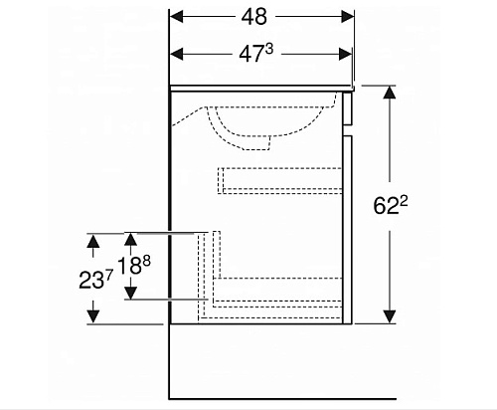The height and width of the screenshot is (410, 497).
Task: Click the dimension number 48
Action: [253, 17]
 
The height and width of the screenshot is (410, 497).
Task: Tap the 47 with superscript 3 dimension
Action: [255, 53]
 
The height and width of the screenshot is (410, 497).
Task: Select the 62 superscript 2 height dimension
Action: [391, 205]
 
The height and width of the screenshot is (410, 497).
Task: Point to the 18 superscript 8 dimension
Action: [134, 266]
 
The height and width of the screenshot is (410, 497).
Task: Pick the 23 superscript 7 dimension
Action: [96, 279]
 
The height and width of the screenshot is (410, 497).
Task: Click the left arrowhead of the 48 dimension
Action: [176, 17]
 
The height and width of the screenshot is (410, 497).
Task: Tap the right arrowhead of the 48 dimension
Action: [348, 17]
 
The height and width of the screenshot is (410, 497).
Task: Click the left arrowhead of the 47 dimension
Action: [176, 54]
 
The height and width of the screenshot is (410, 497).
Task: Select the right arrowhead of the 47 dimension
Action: [346, 54]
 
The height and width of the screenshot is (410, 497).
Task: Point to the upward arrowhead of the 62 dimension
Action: [390, 93]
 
